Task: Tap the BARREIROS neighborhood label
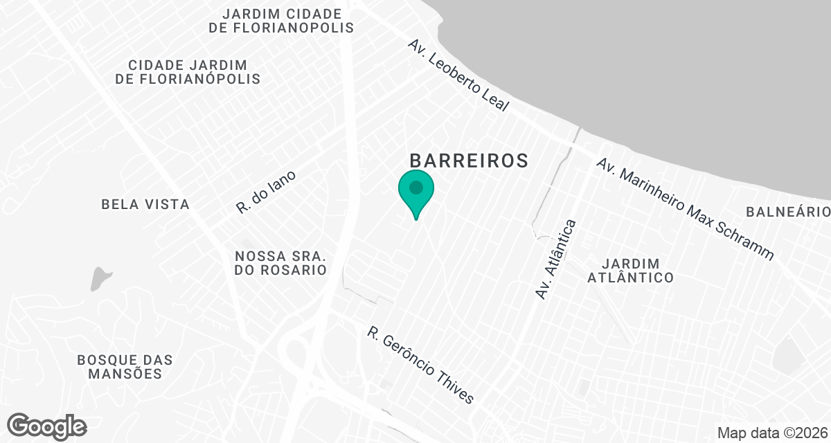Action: tap(470, 161)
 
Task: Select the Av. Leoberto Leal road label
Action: tap(458, 75)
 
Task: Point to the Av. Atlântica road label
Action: tap(556, 260)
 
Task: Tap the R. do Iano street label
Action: tap(266, 192)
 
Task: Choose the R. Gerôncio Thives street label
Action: tap(421, 365)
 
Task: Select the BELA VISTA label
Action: tap(145, 204)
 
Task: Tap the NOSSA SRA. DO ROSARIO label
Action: tap(280, 263)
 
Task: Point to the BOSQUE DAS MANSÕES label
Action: tap(125, 367)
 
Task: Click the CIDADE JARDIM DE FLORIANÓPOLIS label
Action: tap(188, 72)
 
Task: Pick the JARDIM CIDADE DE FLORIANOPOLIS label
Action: tap(281, 21)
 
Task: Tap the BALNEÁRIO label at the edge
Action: tap(788, 211)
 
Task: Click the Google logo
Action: tap(46, 426)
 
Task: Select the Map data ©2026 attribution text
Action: tap(771, 433)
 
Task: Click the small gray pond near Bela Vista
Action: tap(100, 278)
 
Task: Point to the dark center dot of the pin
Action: tap(416, 187)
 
